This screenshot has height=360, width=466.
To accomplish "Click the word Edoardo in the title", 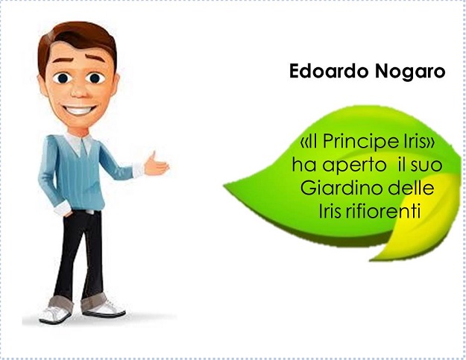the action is point(329,71).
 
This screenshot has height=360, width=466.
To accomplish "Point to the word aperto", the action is point(354,165).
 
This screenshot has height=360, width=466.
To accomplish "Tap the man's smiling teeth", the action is point(78,110).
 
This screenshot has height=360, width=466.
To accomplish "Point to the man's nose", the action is point(79,91).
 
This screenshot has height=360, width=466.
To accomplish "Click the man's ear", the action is point(42,84).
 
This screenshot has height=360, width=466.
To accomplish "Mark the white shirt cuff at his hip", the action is point(63,209).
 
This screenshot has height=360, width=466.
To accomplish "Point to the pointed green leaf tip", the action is point(227,186).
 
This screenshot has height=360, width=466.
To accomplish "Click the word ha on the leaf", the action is point(303,165).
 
